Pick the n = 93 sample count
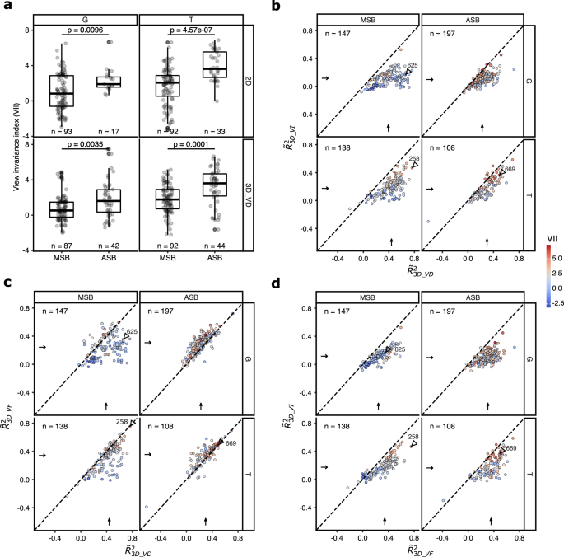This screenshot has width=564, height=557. (x=61, y=130)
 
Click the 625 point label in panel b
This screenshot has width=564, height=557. (x=412, y=65)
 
